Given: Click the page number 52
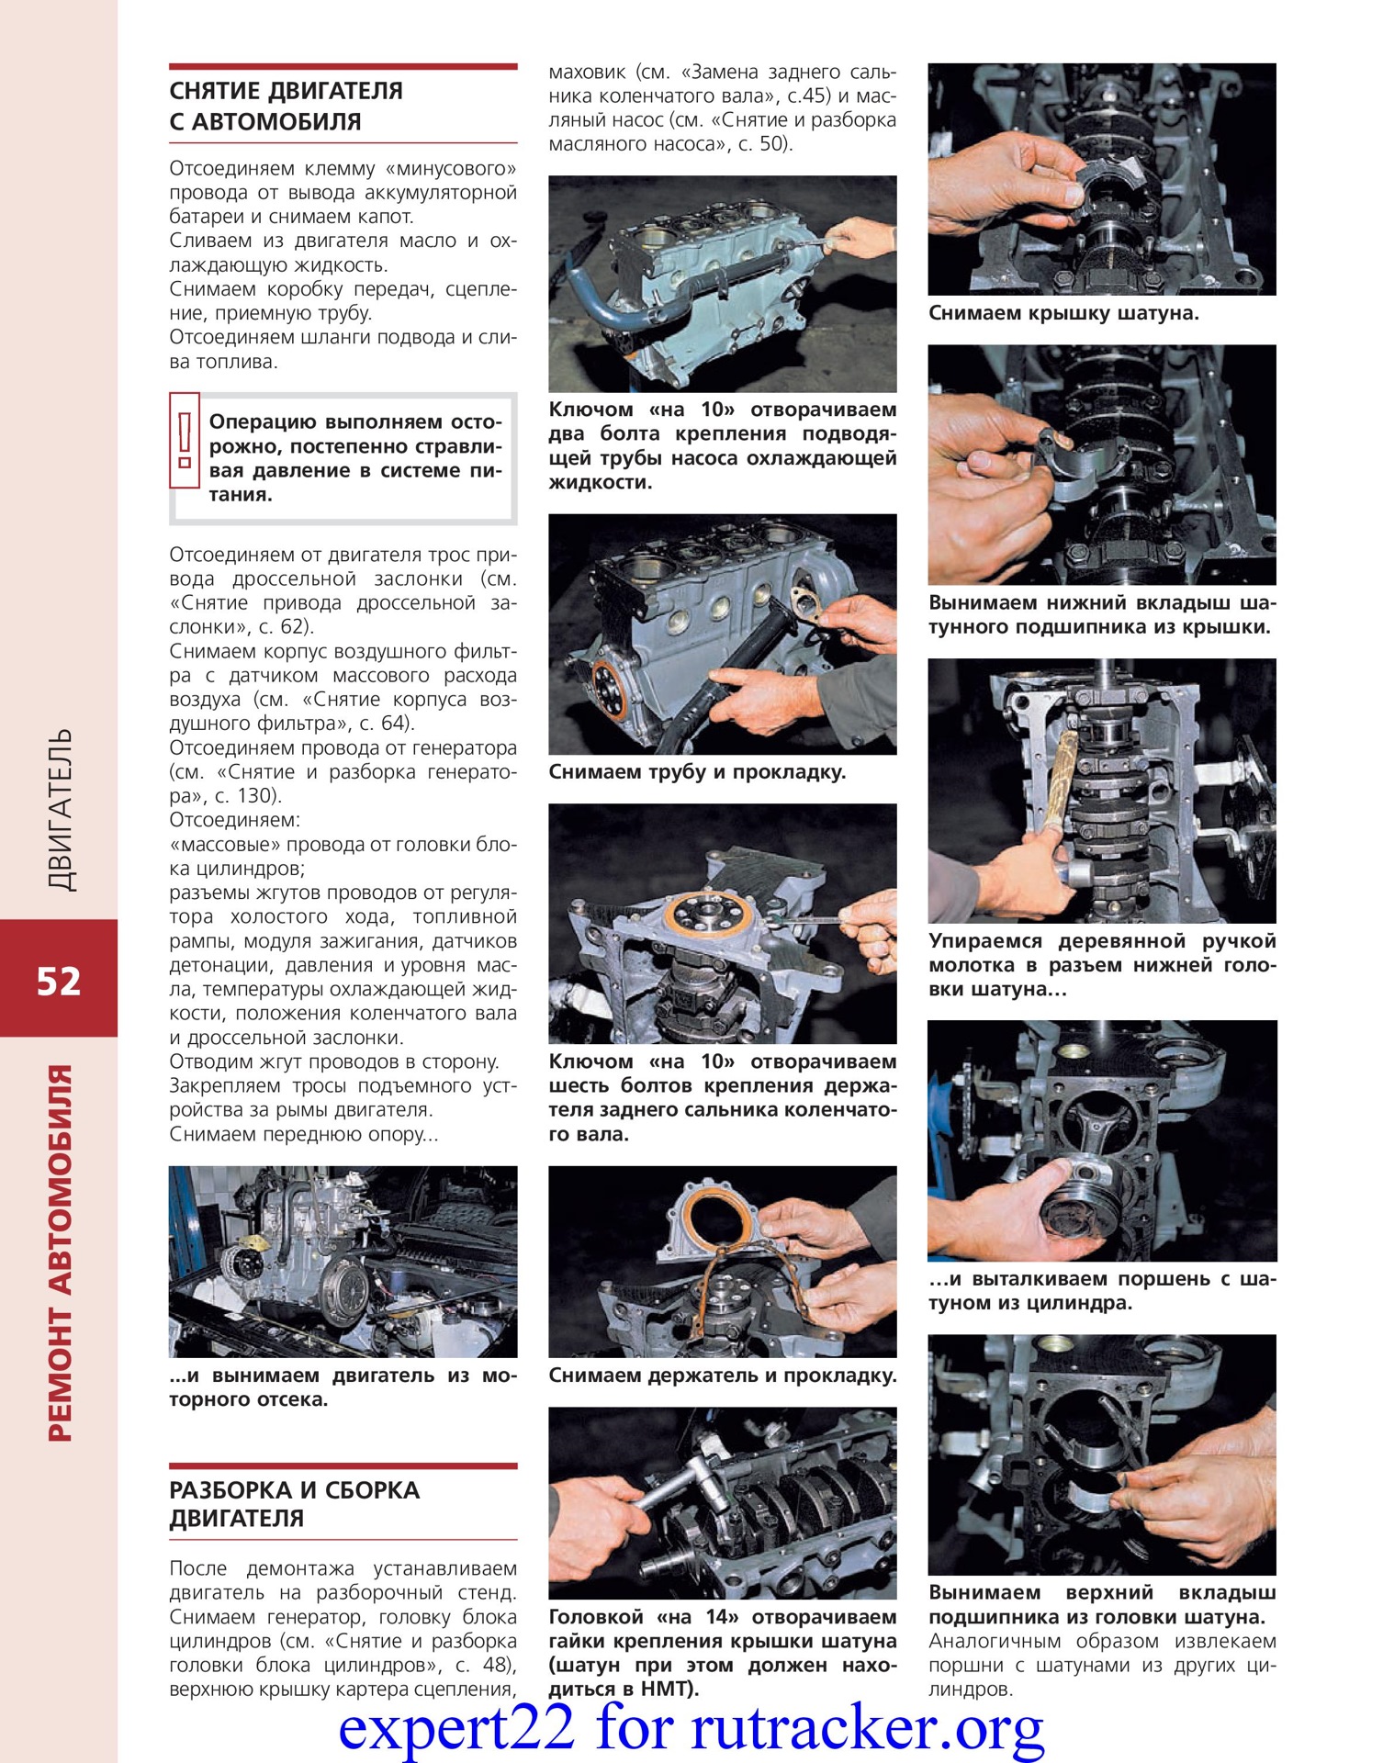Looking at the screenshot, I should (x=59, y=982).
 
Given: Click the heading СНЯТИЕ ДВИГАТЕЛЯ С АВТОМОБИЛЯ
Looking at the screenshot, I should (x=286, y=106).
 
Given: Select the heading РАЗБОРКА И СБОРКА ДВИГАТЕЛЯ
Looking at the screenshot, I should (x=294, y=1503).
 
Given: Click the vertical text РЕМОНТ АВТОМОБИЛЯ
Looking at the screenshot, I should (x=59, y=1253).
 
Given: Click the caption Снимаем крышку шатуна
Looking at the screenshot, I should (x=1063, y=313).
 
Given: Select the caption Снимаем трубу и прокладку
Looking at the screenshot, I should (x=697, y=772).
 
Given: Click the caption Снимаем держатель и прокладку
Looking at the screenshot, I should (x=722, y=1376).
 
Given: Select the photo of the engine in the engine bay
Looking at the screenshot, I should (x=343, y=1261).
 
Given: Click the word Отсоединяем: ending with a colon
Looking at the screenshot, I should (x=234, y=820).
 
